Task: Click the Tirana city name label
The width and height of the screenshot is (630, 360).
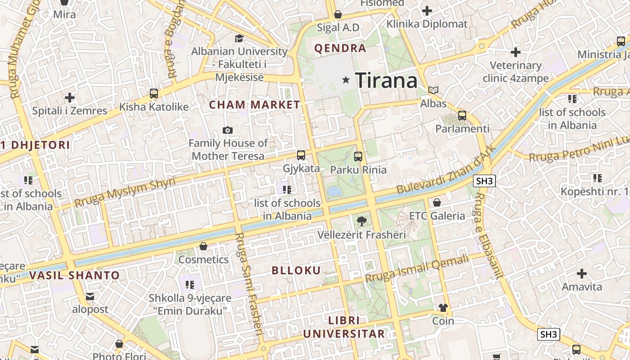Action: pyautogui.click(x=386, y=81)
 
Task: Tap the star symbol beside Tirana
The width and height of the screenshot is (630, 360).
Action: pyautogui.click(x=346, y=80)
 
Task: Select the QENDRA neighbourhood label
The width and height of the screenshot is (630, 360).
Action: pyautogui.click(x=340, y=49)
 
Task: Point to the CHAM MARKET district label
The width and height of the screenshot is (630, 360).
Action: pyautogui.click(x=255, y=105)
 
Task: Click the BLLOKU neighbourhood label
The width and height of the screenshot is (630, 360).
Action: pyautogui.click(x=297, y=270)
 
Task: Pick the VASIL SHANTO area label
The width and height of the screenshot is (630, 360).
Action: pyautogui.click(x=75, y=275)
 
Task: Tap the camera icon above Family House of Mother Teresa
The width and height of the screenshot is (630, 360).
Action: pyautogui.click(x=228, y=130)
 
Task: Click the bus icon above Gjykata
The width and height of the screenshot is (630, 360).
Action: pyautogui.click(x=301, y=155)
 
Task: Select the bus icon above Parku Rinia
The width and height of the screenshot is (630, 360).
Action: pyautogui.click(x=358, y=157)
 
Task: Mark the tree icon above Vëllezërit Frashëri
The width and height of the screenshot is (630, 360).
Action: pyautogui.click(x=361, y=221)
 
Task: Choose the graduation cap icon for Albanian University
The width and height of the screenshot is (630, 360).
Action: pyautogui.click(x=239, y=38)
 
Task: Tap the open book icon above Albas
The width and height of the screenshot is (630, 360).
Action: pyautogui.click(x=433, y=90)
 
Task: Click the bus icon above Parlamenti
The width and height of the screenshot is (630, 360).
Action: pyautogui.click(x=462, y=115)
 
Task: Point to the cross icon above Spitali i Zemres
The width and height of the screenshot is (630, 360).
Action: pyautogui.click(x=69, y=97)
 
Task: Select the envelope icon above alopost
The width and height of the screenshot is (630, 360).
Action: pyautogui.click(x=90, y=296)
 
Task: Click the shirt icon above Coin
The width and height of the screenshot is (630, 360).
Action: pyautogui.click(x=443, y=308)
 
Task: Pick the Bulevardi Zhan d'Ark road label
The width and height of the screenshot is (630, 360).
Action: pyautogui.click(x=446, y=170)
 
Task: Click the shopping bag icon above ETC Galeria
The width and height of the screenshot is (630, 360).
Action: pyautogui.click(x=436, y=202)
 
